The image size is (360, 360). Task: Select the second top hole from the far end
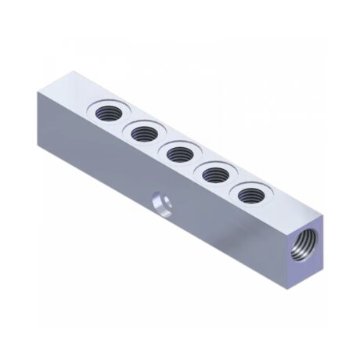pyautogui.click(x=144, y=133)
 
